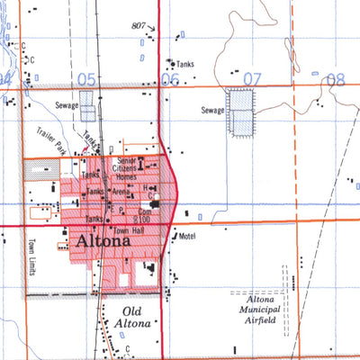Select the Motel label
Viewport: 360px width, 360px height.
tap(187, 236)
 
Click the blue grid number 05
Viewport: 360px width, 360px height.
tap(85, 79)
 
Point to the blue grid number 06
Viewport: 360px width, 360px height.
tap(169, 80)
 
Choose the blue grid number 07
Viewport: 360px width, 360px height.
tap(251, 80)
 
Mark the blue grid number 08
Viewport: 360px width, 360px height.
tap(335, 79)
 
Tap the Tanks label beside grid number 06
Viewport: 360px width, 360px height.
tap(184, 64)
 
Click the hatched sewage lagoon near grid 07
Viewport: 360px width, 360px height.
tap(240, 111)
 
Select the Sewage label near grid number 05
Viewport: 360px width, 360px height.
tap(68, 106)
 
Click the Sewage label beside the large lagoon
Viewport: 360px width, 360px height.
tap(212, 110)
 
